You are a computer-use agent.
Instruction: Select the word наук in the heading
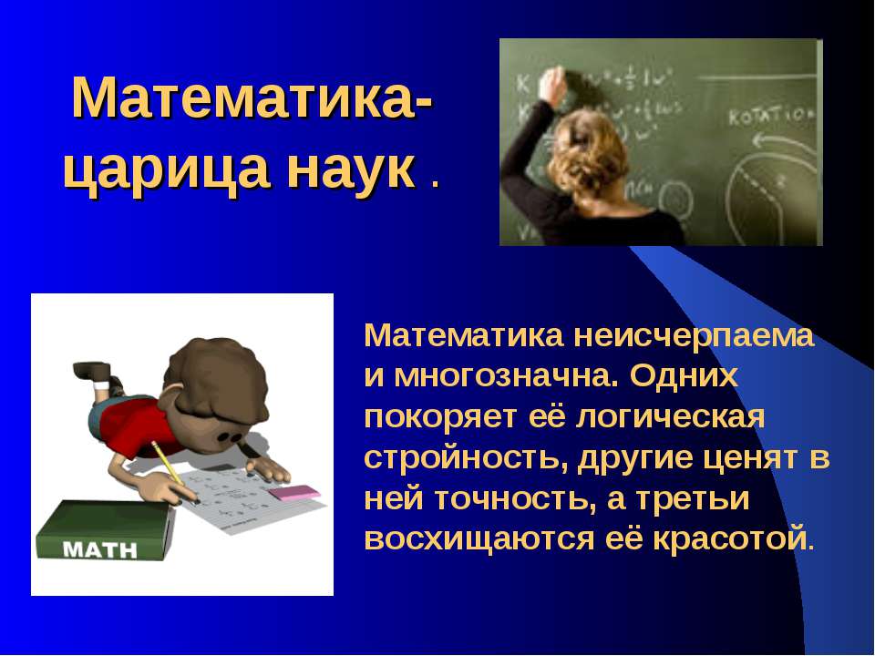pyautogui.click(x=353, y=169)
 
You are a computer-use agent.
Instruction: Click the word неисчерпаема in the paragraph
pyautogui.click(x=694, y=335)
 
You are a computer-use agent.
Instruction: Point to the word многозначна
pyautogui.click(x=499, y=376)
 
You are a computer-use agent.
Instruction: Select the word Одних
pyautogui.click(x=685, y=376)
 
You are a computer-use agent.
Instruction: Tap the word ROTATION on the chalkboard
pyautogui.click(x=771, y=116)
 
